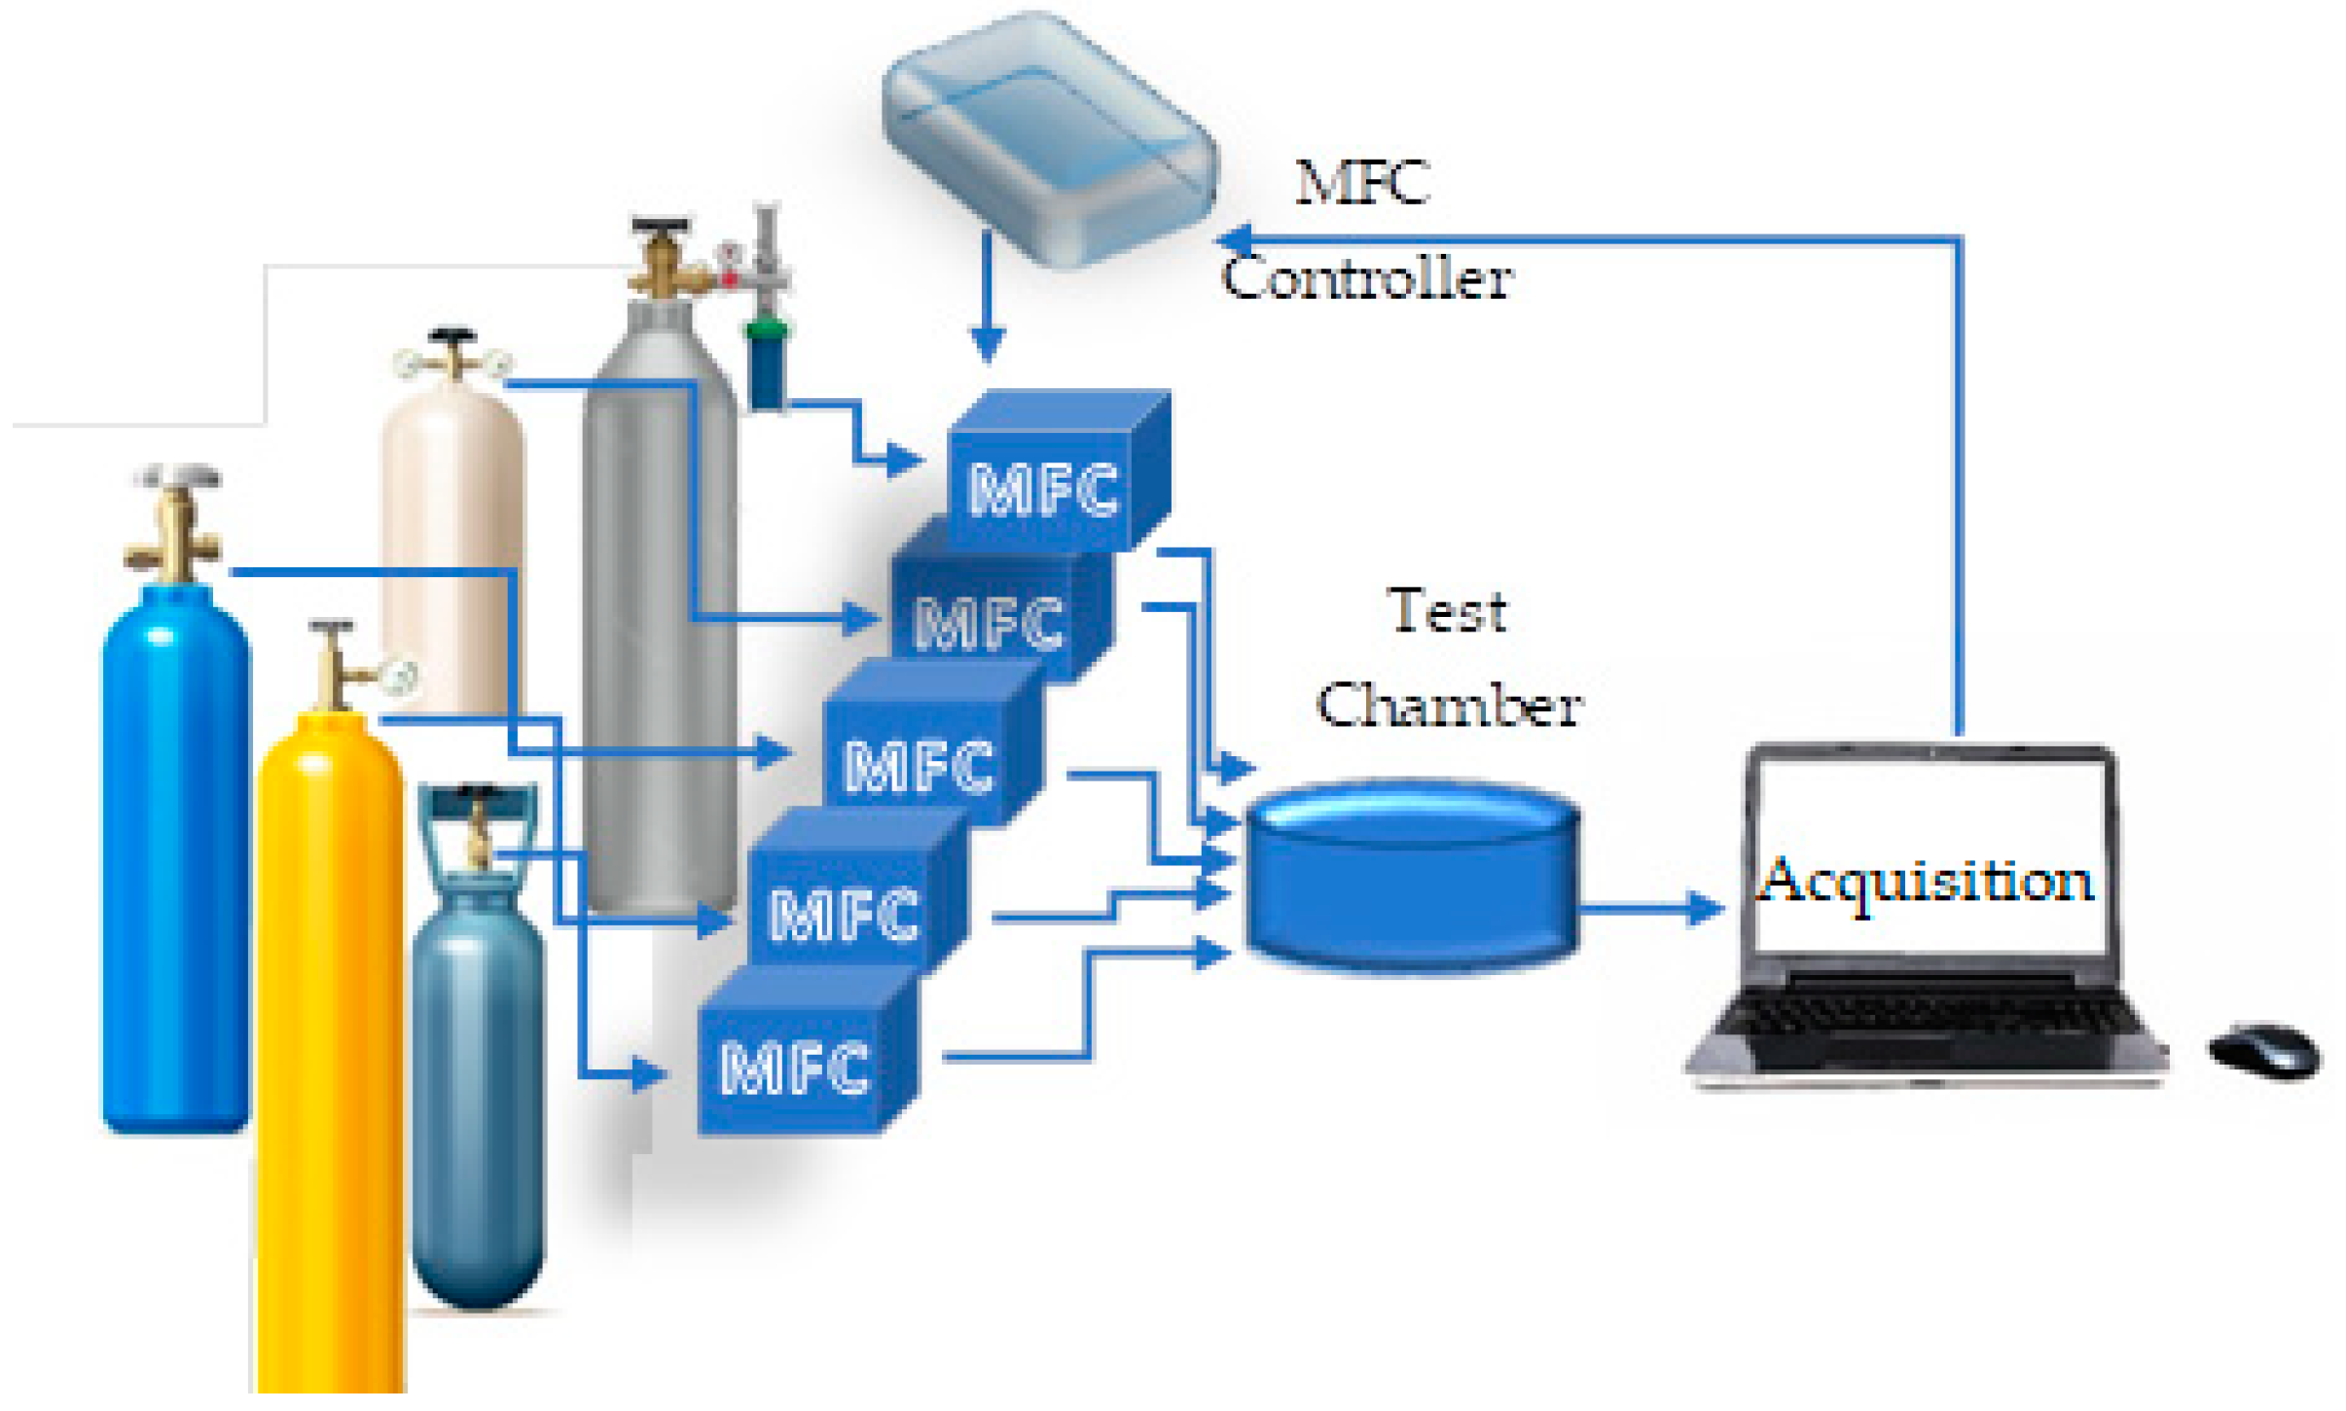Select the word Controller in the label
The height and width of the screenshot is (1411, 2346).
click(x=1366, y=278)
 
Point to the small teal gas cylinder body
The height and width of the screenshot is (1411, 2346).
click(x=477, y=1100)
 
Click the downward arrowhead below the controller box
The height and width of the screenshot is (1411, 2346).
click(x=988, y=344)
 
